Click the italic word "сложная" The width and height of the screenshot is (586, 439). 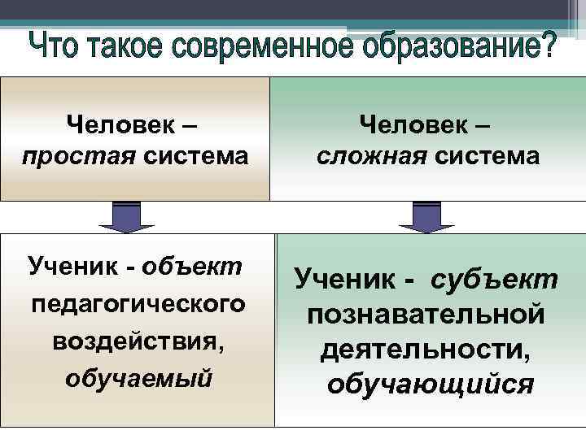click(369, 154)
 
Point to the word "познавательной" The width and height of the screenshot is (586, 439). click(426, 315)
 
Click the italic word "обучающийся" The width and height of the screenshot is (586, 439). click(430, 384)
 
